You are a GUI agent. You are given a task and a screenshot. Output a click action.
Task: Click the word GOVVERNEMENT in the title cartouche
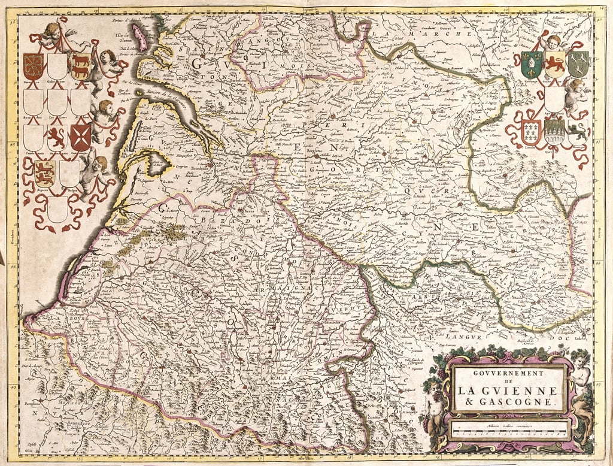[x=508, y=373]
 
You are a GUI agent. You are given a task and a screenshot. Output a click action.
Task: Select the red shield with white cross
[x=80, y=137]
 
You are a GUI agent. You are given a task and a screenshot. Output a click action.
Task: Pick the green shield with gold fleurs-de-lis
[x=531, y=64]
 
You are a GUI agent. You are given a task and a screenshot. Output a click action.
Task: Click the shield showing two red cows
[x=81, y=66]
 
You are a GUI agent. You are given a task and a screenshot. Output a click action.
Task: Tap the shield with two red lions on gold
[x=44, y=173]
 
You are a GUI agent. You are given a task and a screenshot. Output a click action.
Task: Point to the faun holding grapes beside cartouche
[x=435, y=407]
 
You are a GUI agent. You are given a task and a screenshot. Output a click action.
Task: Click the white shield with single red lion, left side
[x=57, y=137]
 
